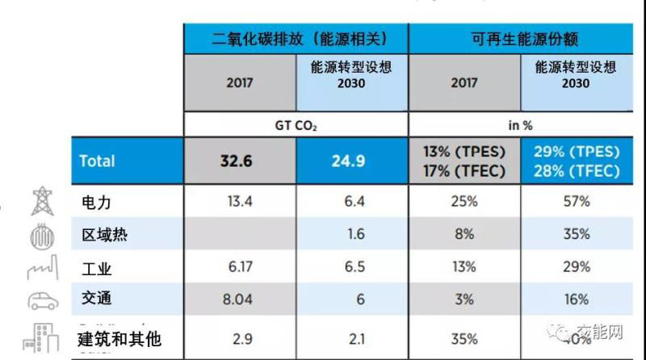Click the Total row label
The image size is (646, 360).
(97, 161)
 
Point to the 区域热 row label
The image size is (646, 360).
(104, 234)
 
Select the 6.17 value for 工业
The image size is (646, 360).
(236, 267)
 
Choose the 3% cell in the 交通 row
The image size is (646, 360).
(463, 299)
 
